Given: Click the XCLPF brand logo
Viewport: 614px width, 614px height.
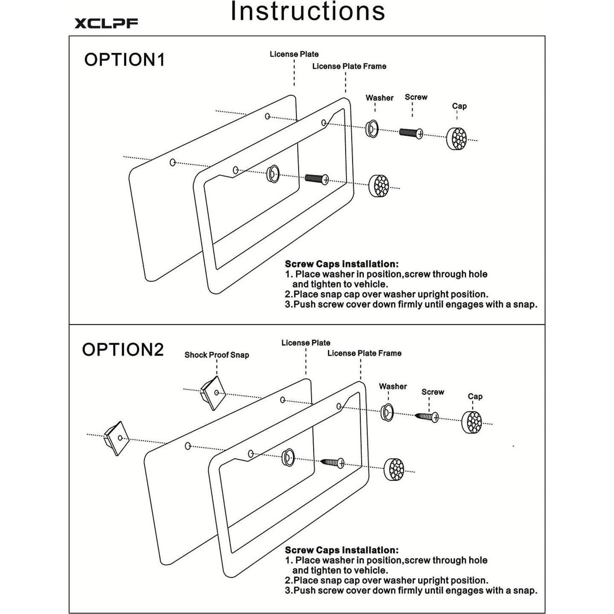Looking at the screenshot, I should point(106,23).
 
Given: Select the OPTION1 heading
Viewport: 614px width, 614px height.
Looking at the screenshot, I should point(124,60).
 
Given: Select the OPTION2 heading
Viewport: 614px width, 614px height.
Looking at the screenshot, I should point(123,350).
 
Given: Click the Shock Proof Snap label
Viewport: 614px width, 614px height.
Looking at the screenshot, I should point(216,355).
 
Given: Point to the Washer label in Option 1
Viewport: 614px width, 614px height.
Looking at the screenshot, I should point(379,98).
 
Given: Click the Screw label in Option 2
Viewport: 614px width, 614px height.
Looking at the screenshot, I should point(433,392).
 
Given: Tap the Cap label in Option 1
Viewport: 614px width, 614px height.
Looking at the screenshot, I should point(459,106).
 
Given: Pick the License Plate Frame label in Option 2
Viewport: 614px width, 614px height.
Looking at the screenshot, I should point(364,353).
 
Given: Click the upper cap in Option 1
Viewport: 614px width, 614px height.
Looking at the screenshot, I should point(456,138).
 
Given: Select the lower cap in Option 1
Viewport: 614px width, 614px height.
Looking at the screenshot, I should point(379,186).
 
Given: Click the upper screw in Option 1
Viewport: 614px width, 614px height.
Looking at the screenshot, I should point(411,133).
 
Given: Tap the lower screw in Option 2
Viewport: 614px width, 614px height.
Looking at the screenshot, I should point(333,462).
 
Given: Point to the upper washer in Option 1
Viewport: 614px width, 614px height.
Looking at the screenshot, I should point(372,128).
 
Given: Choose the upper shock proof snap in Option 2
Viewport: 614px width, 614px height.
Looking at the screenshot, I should point(213,393).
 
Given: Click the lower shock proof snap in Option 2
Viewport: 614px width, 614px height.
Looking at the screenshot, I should point(117,438).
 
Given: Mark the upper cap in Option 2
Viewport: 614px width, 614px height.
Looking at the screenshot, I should point(472,422).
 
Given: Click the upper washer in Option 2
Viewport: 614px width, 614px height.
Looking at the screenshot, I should point(387,412).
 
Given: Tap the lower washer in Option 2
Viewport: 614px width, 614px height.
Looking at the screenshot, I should point(288,458).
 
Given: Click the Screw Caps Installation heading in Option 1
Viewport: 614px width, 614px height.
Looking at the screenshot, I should point(341,264).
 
